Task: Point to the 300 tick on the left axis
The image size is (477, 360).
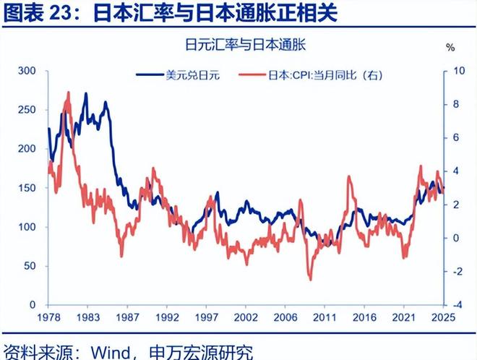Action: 27,71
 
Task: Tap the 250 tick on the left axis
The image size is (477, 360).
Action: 27,110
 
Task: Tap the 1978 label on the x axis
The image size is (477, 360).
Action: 48,317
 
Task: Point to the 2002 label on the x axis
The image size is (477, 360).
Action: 246,317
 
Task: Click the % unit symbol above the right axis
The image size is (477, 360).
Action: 451,48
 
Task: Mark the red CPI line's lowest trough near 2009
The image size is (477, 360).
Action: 311,279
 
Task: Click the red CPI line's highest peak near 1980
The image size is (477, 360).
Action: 69,93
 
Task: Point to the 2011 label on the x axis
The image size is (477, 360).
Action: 326,317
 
